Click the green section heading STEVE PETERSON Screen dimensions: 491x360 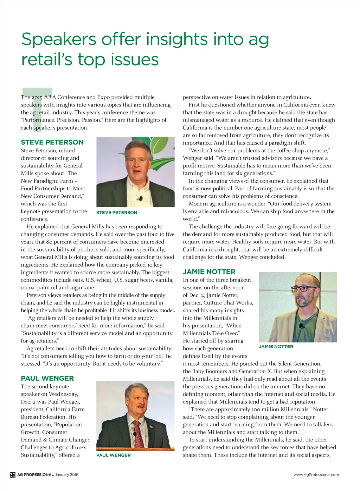52,142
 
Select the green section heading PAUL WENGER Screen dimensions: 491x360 47,378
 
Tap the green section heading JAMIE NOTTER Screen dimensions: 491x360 209,271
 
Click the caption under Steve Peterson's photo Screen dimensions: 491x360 117,212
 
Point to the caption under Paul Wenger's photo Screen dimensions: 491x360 114,455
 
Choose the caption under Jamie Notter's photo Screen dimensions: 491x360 276,347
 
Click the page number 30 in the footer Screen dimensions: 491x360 13,475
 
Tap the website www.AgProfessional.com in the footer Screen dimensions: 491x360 316,475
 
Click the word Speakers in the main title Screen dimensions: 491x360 59,39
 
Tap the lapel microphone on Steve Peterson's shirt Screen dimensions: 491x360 140,199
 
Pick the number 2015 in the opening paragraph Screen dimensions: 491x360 37,97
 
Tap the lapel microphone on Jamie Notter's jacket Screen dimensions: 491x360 301,327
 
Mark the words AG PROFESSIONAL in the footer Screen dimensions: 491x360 36,475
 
